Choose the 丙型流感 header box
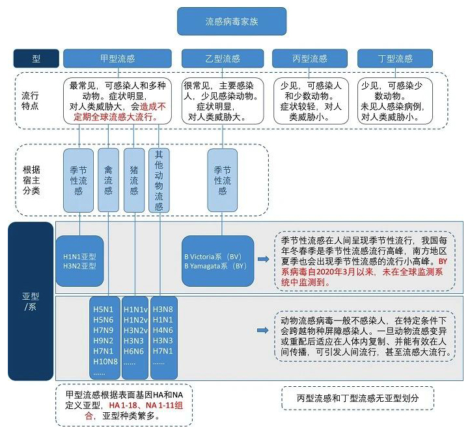[x=309, y=59]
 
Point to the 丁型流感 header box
[x=395, y=59]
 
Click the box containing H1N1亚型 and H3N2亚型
[x=79, y=260]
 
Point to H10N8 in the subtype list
[x=105, y=361]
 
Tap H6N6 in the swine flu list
[x=134, y=351]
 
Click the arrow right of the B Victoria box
[x=262, y=260]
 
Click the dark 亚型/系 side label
[x=31, y=302]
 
